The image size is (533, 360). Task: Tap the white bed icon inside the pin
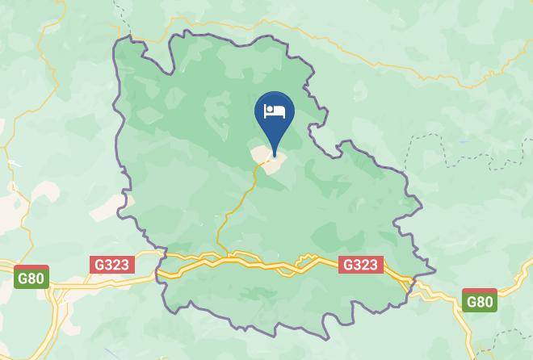(275, 111)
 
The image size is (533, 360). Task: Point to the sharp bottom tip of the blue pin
(275, 154)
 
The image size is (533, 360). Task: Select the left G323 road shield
(112, 264)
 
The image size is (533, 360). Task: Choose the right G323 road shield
(360, 264)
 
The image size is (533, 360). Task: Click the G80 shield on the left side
(31, 278)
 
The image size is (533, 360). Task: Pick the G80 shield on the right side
(480, 301)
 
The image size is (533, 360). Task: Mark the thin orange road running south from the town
(239, 202)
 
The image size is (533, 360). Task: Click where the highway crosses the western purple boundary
(161, 270)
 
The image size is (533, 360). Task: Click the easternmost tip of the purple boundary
(434, 271)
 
